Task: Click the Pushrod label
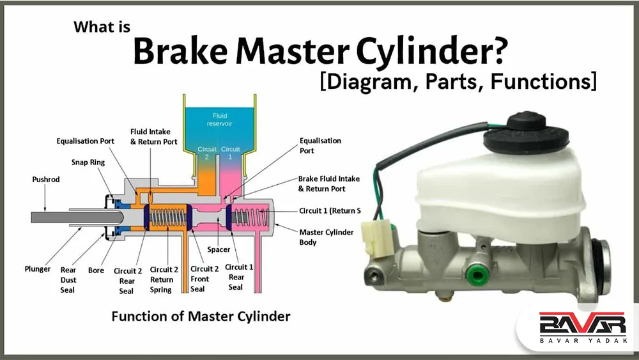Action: (46, 180)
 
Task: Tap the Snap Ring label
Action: (88, 162)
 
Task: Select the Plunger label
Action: (38, 269)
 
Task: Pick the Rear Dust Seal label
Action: (68, 280)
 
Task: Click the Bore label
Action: (96, 270)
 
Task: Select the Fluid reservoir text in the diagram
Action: (220, 120)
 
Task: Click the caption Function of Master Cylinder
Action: (201, 316)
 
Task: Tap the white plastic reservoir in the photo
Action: (498, 192)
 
